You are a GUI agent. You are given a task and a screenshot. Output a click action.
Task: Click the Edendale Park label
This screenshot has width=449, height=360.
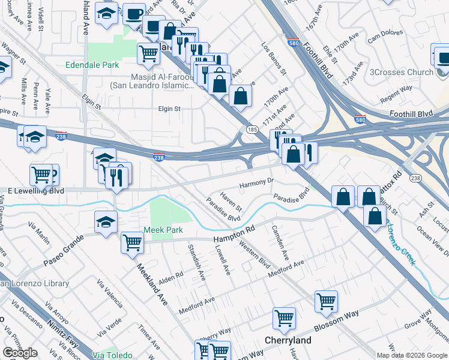point(93,65)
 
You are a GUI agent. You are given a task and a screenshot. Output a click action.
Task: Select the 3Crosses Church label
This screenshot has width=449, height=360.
point(402,73)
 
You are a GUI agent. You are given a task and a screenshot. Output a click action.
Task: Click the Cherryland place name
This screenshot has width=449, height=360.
point(288,340)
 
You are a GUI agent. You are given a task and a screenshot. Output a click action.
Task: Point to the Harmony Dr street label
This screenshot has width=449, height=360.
point(256,181)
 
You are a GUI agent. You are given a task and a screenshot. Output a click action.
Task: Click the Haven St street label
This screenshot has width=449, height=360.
point(231,201)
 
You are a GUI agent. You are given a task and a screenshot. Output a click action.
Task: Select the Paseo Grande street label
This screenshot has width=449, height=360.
point(62,255)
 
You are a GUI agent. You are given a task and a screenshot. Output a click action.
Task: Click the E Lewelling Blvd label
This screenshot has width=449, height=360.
point(35,191)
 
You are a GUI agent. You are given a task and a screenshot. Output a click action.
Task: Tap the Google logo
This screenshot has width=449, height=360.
point(20,353)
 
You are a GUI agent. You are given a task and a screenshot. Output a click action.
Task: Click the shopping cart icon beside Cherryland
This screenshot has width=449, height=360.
point(284,318)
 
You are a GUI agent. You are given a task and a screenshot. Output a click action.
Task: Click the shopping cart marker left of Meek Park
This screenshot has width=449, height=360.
point(132,243)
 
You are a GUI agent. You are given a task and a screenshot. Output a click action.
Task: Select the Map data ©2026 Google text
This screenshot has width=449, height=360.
point(412,355)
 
